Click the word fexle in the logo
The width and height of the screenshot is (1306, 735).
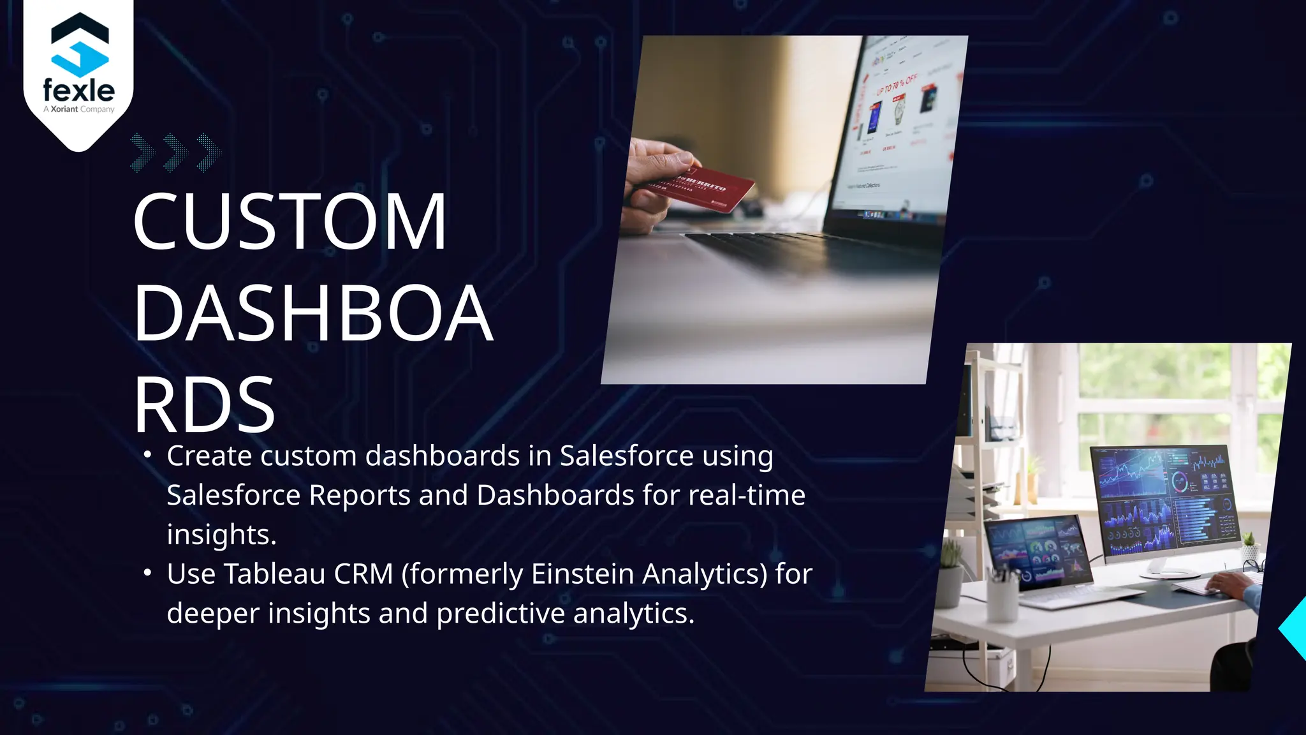pyautogui.click(x=78, y=91)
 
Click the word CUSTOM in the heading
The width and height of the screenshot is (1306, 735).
pyautogui.click(x=290, y=221)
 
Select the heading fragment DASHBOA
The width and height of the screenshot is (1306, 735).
pyautogui.click(x=313, y=313)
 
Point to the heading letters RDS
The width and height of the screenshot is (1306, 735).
pyautogui.click(x=204, y=405)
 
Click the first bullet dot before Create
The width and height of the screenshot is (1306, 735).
pyautogui.click(x=148, y=455)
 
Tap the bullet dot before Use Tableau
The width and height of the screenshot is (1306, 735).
pyautogui.click(x=148, y=573)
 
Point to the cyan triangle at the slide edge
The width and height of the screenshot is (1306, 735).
pyautogui.click(x=1295, y=628)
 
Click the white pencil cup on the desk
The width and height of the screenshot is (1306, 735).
pyautogui.click(x=1002, y=598)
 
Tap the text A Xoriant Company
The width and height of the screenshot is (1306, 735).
pyautogui.click(x=79, y=109)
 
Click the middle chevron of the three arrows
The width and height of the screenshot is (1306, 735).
pyautogui.click(x=175, y=152)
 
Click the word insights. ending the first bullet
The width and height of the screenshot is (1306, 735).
pyautogui.click(x=221, y=535)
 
